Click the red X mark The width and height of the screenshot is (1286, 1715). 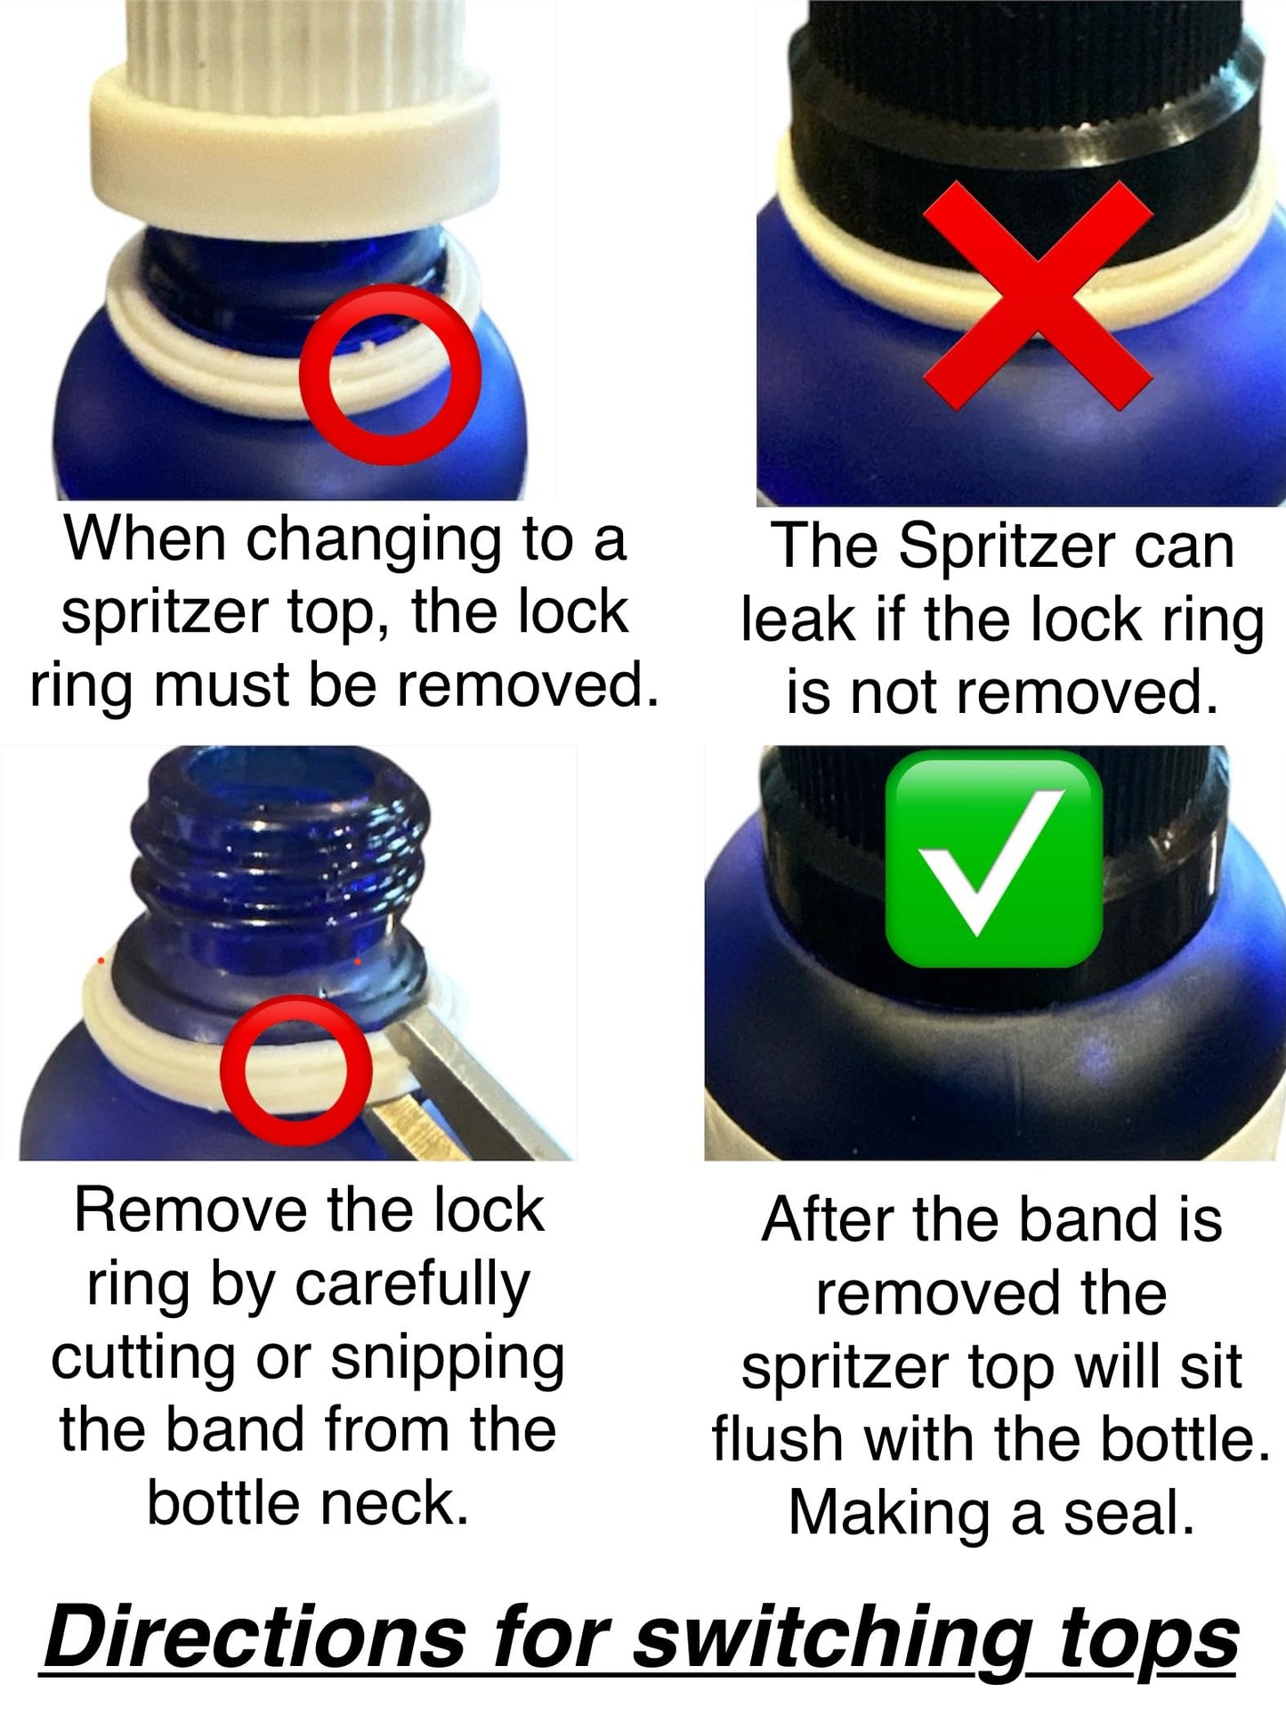click(x=1038, y=295)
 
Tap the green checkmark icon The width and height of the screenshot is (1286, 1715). click(x=994, y=858)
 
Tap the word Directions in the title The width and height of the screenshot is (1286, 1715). click(x=255, y=1638)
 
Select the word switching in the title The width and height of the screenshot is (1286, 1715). click(x=833, y=1643)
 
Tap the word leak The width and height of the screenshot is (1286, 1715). click(x=797, y=620)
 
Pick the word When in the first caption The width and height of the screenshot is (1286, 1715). click(x=146, y=538)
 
